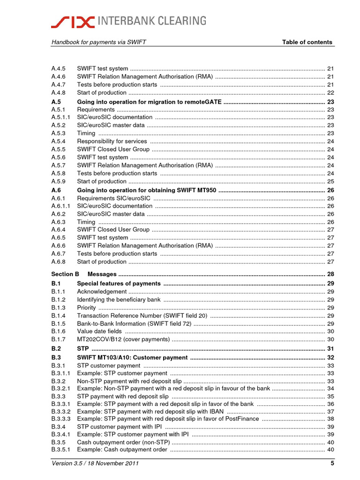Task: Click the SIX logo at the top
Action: point(73,21)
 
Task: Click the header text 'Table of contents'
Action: point(307,42)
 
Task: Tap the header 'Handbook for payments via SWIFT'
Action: point(98,42)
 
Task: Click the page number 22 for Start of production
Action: point(330,93)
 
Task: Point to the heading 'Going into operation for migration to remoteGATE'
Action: point(149,102)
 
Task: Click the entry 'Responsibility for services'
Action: point(112,141)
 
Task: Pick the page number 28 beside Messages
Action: point(330,274)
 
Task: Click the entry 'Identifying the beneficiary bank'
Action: point(119,300)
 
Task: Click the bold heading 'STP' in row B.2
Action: point(82,349)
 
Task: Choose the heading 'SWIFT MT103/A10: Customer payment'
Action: point(132,358)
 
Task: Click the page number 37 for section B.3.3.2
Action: point(330,412)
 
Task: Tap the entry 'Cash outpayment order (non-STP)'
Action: point(123,442)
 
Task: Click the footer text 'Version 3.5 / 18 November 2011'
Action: point(95,464)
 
